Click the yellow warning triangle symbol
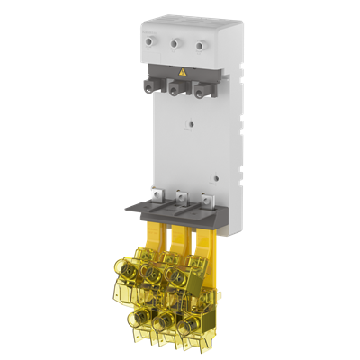(184, 70)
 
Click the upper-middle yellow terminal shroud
(162, 273)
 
